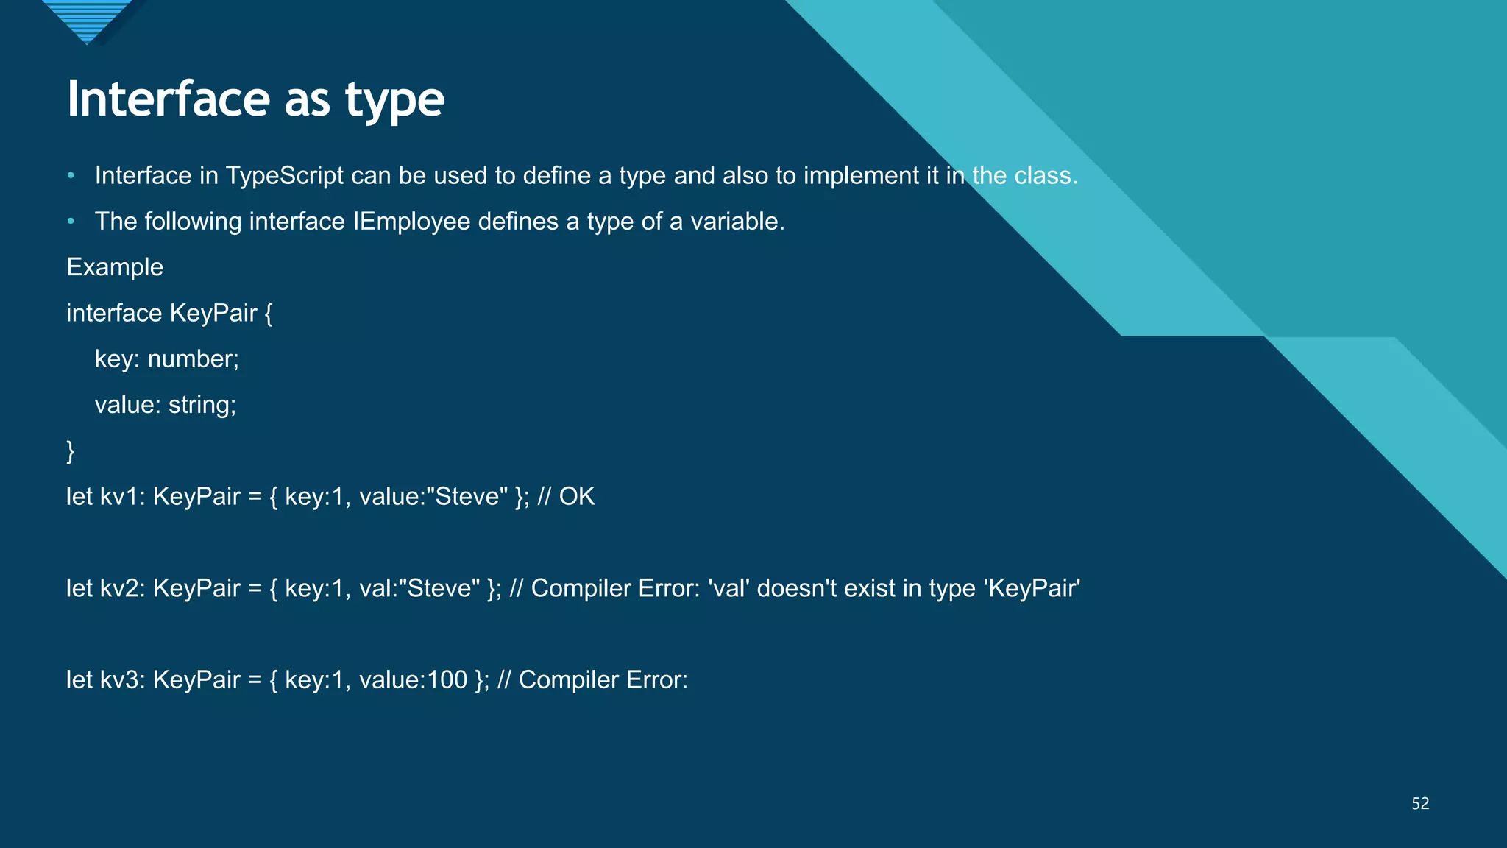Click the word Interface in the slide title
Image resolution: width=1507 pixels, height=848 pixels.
tap(169, 99)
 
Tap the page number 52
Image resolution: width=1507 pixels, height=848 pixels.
tap(1420, 803)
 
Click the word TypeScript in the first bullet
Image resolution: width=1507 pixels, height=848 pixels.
tap(284, 176)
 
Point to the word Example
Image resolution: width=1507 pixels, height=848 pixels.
tap(115, 267)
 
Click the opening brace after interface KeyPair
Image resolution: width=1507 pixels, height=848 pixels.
tap(269, 314)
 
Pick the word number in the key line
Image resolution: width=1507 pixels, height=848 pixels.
tap(193, 359)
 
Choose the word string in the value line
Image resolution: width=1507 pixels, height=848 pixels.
tap(202, 405)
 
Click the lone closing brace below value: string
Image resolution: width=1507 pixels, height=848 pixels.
tap(71, 451)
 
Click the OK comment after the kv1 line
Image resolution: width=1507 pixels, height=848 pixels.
tap(576, 497)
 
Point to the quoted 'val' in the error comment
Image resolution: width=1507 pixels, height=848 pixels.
tap(728, 588)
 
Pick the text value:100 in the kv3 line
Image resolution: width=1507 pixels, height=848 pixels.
tap(413, 679)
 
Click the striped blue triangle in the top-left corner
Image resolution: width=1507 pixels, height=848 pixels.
tap(87, 19)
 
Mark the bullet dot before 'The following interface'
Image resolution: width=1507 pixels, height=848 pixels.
tap(71, 222)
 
